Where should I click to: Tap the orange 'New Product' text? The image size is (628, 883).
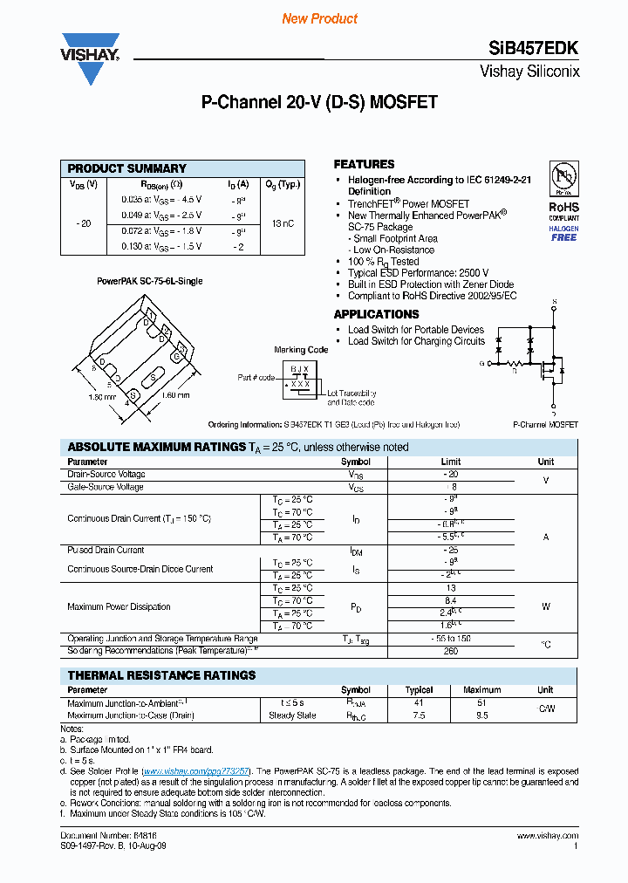(x=319, y=18)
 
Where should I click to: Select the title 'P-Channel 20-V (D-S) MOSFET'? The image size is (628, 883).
(x=319, y=103)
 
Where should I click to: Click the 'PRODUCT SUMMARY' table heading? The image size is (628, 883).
(x=127, y=168)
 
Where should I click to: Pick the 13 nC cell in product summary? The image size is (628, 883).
(x=283, y=223)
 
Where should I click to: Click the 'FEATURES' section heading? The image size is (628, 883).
(x=364, y=164)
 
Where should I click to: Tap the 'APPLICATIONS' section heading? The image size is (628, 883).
(x=376, y=314)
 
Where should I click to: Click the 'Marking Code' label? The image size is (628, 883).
(x=301, y=350)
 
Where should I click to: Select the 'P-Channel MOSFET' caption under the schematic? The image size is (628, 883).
(x=546, y=424)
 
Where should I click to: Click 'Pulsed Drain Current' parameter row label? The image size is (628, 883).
(x=106, y=551)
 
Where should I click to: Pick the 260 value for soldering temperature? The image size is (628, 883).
(x=450, y=651)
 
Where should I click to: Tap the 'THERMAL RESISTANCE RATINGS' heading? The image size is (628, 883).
(x=161, y=675)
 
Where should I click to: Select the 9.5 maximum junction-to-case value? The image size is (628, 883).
(x=482, y=715)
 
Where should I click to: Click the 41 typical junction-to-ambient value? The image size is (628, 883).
(x=419, y=702)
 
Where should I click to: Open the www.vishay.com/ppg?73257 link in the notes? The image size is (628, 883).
(x=196, y=771)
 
